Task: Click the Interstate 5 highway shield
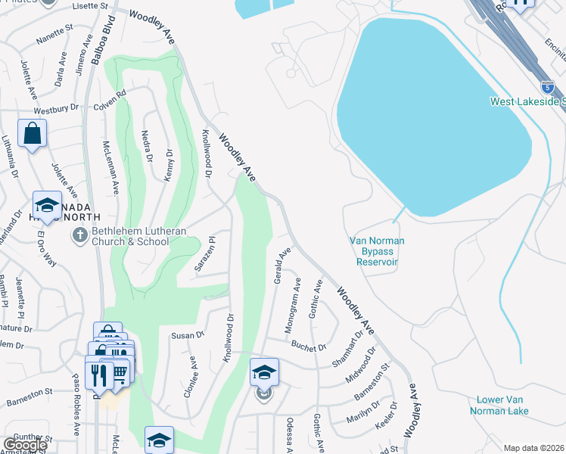[x=547, y=87]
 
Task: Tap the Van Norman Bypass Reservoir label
[x=377, y=251]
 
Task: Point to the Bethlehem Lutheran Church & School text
[x=128, y=237]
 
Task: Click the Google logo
[x=26, y=444]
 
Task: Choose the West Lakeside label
[x=527, y=101]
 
